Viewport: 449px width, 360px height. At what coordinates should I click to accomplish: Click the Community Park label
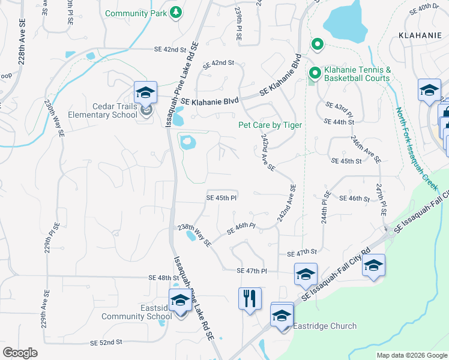(x=136, y=13)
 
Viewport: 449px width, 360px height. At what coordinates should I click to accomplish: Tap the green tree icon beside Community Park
(x=176, y=13)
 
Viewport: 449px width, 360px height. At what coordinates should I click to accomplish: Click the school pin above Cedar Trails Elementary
(x=145, y=92)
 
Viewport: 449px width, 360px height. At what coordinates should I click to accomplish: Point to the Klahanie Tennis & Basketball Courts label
(x=357, y=74)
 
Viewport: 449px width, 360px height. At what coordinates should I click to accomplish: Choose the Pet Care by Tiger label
(x=270, y=125)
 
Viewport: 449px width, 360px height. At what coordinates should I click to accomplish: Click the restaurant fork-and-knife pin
(x=250, y=298)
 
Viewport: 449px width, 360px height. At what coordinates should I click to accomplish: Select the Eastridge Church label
(x=324, y=326)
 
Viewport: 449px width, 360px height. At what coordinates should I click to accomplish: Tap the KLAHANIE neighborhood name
(x=420, y=35)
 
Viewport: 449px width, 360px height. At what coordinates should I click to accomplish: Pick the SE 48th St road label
(x=163, y=278)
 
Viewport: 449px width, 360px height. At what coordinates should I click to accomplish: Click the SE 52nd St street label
(x=106, y=342)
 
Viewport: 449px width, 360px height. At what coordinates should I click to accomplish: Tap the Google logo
(x=20, y=353)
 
